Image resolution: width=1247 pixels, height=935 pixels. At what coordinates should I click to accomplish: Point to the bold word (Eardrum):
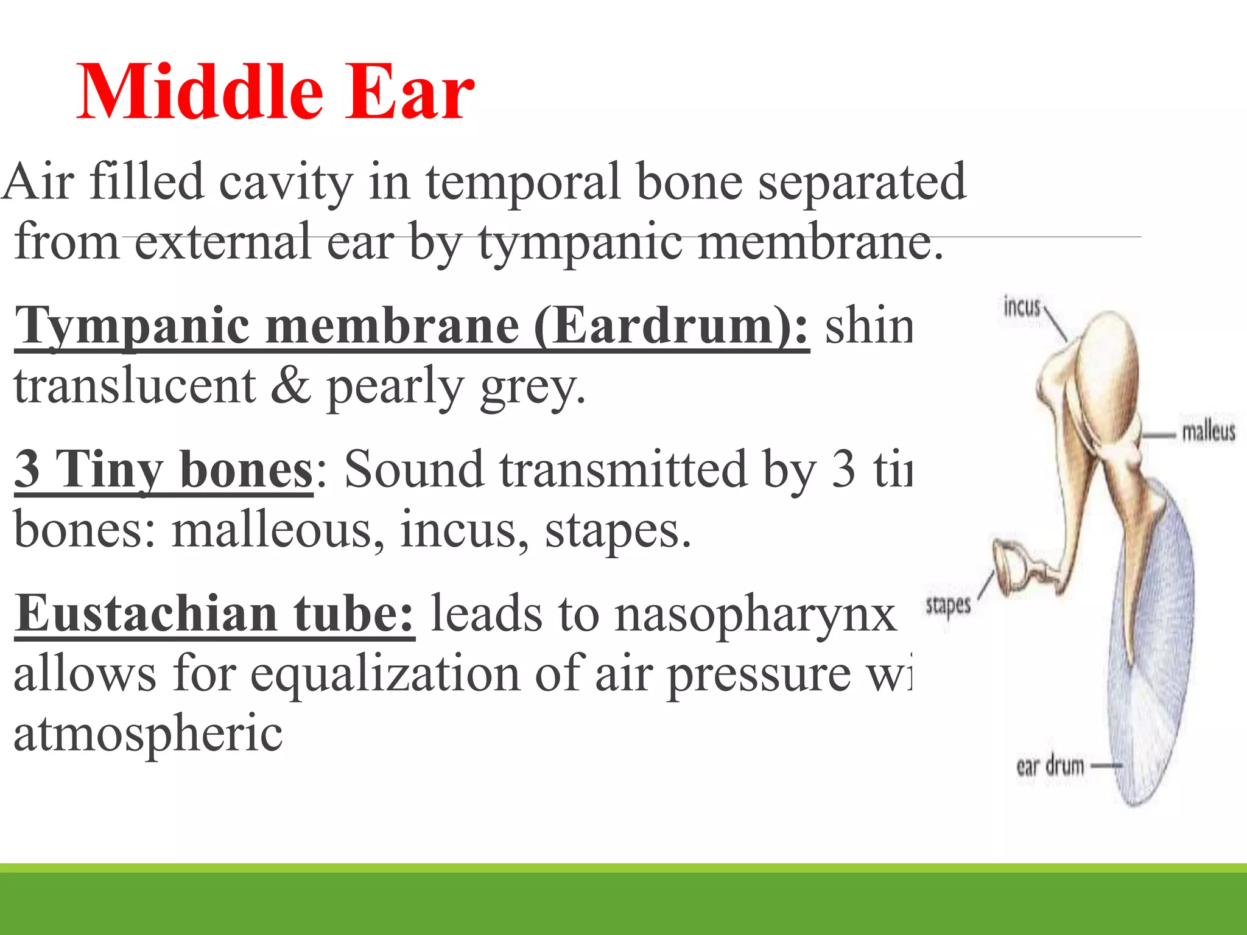pyautogui.click(x=672, y=327)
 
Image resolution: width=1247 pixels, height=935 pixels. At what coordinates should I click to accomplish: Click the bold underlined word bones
pyautogui.click(x=245, y=469)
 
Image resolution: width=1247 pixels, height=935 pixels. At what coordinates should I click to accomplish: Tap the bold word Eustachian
pyautogui.click(x=146, y=614)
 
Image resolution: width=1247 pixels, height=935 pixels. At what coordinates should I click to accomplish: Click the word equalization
pyautogui.click(x=385, y=674)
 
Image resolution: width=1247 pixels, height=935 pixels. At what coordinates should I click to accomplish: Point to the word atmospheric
pyautogui.click(x=148, y=734)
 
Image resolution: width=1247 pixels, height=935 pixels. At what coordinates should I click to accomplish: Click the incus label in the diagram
pyautogui.click(x=1022, y=307)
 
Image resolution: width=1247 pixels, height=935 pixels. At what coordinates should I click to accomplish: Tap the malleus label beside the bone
pyautogui.click(x=1208, y=432)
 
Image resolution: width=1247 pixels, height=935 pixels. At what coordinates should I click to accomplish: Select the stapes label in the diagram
pyautogui.click(x=948, y=605)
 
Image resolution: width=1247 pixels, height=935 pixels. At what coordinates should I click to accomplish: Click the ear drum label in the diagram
pyautogui.click(x=1050, y=766)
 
